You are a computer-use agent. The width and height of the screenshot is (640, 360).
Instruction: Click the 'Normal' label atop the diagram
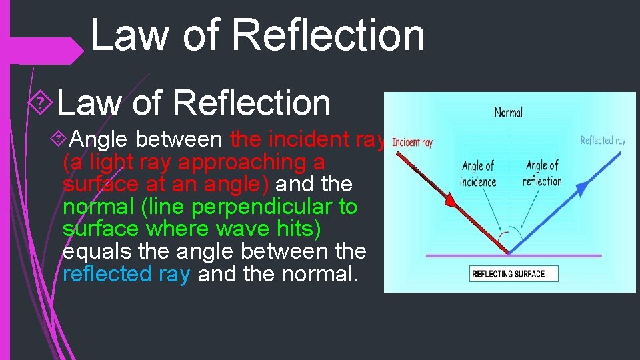508,113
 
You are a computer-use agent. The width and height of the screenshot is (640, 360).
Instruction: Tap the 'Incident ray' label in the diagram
412,142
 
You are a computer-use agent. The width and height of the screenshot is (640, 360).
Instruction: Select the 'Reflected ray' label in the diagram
603,140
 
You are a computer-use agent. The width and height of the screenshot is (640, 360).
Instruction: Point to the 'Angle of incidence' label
478,173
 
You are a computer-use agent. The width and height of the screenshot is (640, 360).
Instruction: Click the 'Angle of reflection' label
542,173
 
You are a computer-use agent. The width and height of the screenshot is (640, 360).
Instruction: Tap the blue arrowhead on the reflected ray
582,189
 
